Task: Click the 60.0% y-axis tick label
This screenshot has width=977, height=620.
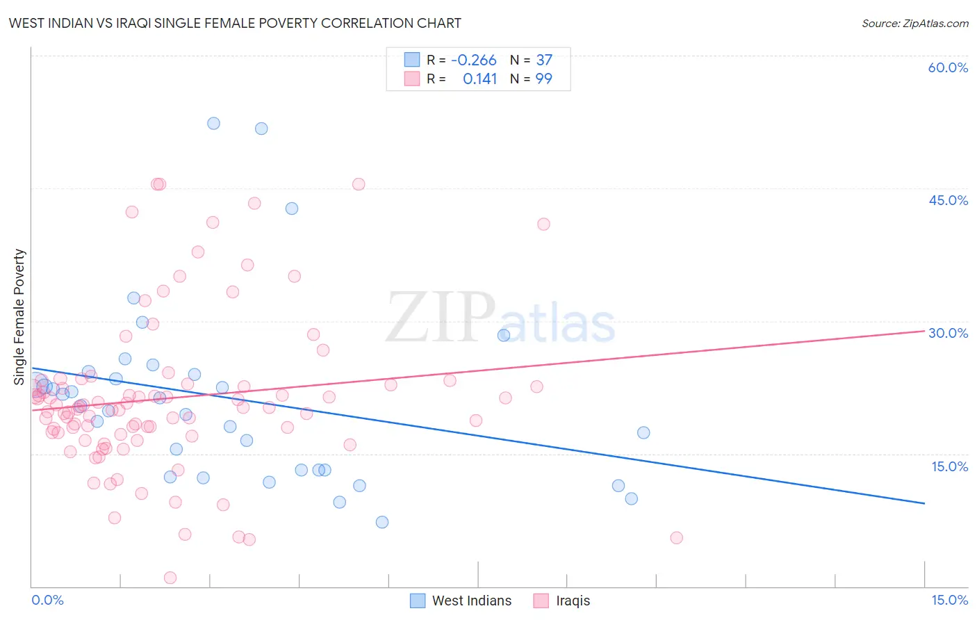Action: click(948, 67)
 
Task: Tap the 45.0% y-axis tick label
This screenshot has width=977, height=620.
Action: click(948, 200)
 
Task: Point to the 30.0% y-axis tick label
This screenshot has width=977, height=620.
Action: click(948, 333)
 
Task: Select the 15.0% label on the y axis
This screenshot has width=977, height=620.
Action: click(949, 466)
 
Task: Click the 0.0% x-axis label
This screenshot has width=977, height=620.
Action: click(47, 601)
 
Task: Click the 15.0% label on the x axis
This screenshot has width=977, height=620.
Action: click(949, 601)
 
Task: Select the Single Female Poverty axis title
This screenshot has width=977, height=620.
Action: click(19, 317)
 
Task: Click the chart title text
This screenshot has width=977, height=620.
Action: click(235, 23)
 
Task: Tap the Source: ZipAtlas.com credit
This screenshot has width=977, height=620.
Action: click(914, 24)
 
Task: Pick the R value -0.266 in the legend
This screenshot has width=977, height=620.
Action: click(473, 60)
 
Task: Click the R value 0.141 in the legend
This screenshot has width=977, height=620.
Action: click(479, 79)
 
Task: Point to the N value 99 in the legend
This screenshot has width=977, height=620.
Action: click(543, 79)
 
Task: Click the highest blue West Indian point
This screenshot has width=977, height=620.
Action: click(213, 123)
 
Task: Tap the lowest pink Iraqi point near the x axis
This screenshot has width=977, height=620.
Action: click(170, 578)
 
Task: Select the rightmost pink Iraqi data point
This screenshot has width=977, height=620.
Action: click(676, 537)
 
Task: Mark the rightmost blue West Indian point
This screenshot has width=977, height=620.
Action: click(643, 432)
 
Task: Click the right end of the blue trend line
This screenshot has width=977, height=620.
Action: click(924, 503)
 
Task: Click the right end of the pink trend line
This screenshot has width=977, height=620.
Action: click(924, 331)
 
